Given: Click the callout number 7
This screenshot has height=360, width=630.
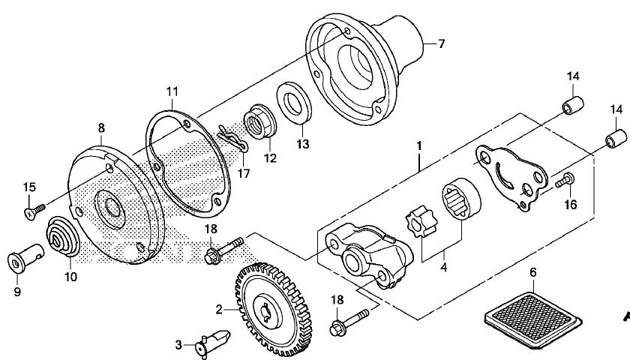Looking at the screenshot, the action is click(442, 43).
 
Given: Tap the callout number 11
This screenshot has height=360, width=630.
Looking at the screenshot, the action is click(172, 91).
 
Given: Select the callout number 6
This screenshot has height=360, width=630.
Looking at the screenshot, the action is click(533, 272).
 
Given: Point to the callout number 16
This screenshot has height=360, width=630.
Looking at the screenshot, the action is click(571, 205).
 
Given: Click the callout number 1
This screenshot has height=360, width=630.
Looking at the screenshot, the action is click(419, 145).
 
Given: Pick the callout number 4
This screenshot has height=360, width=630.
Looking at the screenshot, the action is click(444, 267).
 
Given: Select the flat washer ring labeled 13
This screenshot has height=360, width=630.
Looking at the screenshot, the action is click(294, 103).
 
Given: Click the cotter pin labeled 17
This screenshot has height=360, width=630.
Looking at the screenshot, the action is click(233, 139).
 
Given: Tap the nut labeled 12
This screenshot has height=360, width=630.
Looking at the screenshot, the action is click(260, 121).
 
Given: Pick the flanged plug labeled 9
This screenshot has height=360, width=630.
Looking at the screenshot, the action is click(26, 257).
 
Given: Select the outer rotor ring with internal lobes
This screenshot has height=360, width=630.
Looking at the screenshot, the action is click(462, 199).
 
